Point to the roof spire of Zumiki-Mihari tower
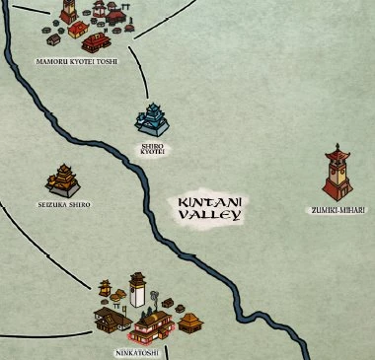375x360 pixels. pos(337,148)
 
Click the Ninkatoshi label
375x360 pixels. pos(133,350)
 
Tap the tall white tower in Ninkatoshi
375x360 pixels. pos(137,291)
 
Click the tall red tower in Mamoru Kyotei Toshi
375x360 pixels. pos(69,12)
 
